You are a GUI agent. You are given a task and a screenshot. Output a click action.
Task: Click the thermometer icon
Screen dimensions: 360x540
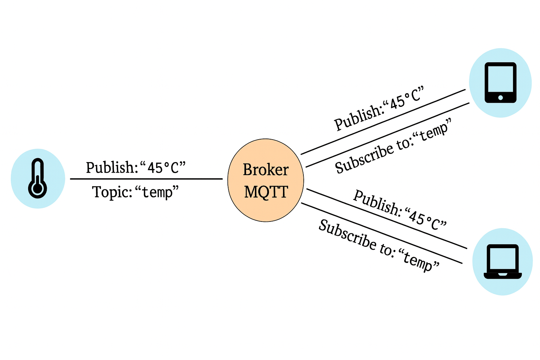click(37, 178)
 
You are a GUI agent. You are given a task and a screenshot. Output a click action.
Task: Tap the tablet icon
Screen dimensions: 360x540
click(500, 82)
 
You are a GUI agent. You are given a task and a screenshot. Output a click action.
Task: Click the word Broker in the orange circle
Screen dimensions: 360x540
click(265, 170)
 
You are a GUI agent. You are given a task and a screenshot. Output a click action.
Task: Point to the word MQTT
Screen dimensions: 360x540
click(266, 192)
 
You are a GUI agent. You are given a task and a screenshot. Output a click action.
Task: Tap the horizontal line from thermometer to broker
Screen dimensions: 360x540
click(146, 179)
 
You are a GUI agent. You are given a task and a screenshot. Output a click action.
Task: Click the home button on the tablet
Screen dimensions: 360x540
click(501, 97)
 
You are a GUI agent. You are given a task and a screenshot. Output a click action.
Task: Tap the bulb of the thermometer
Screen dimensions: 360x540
click(37, 189)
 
